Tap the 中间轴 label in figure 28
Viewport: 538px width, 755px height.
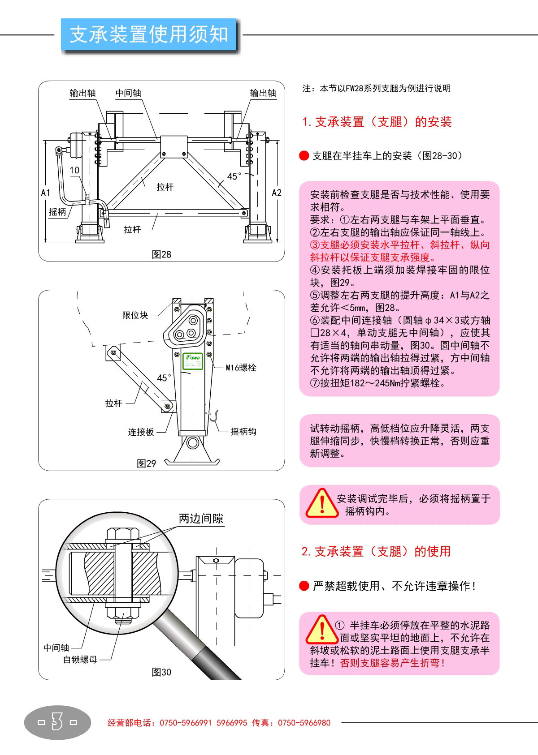click(128, 93)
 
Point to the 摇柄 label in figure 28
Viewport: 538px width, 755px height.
click(57, 212)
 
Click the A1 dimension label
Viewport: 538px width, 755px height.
click(46, 193)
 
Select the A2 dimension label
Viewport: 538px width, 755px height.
click(277, 193)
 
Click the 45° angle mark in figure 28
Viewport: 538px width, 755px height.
click(234, 176)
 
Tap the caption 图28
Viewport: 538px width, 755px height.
click(161, 254)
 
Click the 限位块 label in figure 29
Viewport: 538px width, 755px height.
click(135, 315)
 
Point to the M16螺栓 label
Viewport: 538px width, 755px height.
click(241, 368)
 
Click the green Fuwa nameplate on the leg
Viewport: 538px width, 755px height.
click(193, 361)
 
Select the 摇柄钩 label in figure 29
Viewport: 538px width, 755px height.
click(243, 432)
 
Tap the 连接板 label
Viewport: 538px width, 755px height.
click(141, 432)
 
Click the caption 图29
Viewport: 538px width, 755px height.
click(146, 463)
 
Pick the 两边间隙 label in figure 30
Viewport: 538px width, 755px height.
click(201, 519)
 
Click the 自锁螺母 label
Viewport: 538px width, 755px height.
click(80, 659)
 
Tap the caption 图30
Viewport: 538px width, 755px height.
click(161, 672)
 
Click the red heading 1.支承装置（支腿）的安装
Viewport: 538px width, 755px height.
click(377, 122)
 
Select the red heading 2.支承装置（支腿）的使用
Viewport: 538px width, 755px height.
click(376, 551)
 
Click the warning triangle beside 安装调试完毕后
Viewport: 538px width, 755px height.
click(321, 503)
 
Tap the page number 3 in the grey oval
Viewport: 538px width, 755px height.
click(57, 722)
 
